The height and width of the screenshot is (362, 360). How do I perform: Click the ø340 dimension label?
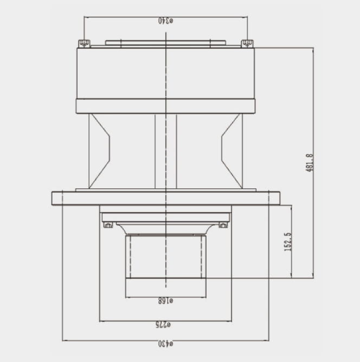tap(165, 21)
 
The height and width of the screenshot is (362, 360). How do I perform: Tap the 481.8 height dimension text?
tap(310, 162)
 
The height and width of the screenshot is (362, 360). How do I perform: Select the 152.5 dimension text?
tap(287, 242)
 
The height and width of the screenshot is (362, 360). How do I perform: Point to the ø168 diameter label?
tap(165, 301)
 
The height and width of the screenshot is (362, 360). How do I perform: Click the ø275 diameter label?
tap(163, 325)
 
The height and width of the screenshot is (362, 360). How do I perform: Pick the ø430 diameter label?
tap(165, 344)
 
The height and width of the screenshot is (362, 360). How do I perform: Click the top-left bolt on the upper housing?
tap(84, 43)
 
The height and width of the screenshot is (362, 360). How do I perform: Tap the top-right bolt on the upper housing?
tap(247, 43)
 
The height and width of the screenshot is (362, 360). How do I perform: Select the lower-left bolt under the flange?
tap(108, 225)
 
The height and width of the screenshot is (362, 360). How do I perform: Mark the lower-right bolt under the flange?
tap(223, 225)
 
